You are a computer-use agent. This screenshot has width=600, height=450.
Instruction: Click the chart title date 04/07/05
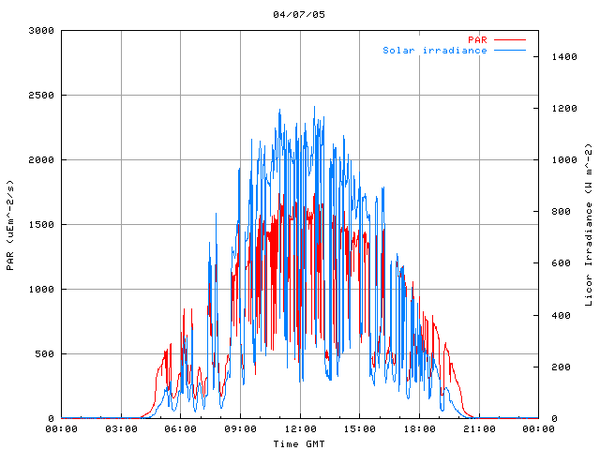(x=299, y=14)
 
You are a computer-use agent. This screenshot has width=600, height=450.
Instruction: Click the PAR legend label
(x=477, y=39)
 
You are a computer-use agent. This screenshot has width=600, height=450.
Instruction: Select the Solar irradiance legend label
(x=434, y=50)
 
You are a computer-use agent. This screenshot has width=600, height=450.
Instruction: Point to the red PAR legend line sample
(x=510, y=39)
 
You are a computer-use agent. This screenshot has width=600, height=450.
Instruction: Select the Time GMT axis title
(x=299, y=443)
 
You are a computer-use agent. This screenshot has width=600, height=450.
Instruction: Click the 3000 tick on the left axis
(x=40, y=31)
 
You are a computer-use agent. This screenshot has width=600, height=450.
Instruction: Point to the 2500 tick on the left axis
(x=40, y=96)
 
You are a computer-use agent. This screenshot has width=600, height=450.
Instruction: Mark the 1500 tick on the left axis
(x=40, y=225)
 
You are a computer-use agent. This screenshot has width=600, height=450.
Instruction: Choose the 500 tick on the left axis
(x=43, y=354)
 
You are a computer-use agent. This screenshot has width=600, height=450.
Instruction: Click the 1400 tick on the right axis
(x=560, y=57)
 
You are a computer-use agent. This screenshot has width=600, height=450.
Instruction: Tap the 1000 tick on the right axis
(x=560, y=160)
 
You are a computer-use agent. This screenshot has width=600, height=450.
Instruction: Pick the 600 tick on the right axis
(x=557, y=263)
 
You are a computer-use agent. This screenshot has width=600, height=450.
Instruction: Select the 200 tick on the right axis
(x=557, y=367)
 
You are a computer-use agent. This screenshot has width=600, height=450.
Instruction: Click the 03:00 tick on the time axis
(x=121, y=429)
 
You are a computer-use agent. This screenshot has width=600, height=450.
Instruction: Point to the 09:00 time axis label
(x=240, y=429)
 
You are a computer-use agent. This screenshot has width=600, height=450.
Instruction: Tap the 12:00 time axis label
(x=300, y=429)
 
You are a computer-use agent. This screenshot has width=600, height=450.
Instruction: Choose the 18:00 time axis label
(x=419, y=429)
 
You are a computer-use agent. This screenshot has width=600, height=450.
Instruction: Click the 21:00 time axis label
(x=479, y=429)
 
